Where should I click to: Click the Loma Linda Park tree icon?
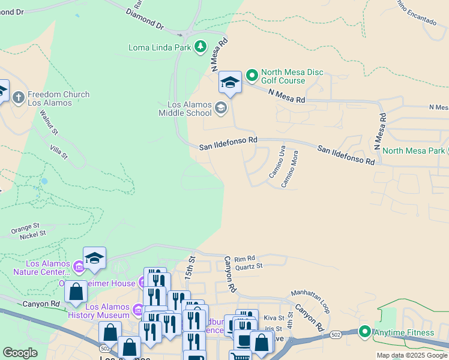click(200, 47)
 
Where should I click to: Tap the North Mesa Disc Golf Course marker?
click(252, 76)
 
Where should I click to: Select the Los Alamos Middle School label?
click(185, 108)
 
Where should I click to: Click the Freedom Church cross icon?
click(19, 97)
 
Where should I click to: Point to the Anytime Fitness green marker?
click(364, 332)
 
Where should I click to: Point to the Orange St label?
click(25, 228)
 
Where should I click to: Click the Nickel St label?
click(32, 235)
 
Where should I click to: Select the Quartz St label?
click(249, 266)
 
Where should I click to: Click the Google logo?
click(20, 353)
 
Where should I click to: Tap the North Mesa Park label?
click(413, 151)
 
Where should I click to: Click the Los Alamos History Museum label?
click(98, 310)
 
